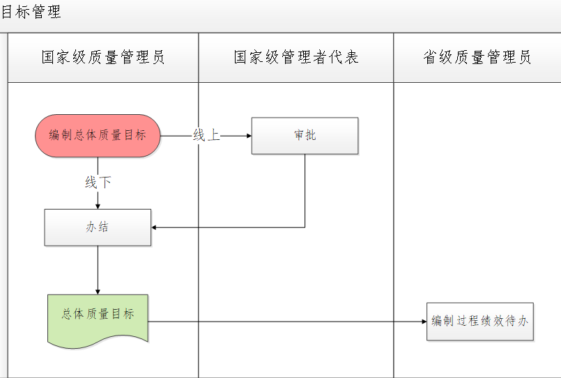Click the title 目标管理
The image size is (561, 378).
click(31, 13)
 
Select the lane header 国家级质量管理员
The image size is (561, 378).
click(103, 57)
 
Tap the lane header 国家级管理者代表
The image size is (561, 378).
click(296, 57)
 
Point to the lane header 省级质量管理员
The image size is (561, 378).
click(477, 57)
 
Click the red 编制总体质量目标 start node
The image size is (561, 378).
click(98, 136)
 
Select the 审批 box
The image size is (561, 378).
click(305, 136)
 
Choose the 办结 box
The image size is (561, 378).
click(98, 227)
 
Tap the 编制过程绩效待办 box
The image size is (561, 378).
click(479, 321)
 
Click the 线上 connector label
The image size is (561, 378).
click(206, 136)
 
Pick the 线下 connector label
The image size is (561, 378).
click(98, 182)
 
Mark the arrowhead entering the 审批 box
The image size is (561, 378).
click(247, 136)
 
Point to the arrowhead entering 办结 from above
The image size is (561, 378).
click(98, 205)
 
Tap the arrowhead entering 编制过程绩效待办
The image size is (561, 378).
click(423, 322)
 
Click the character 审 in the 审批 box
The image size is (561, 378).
click(299, 136)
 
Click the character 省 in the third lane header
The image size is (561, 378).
click(430, 57)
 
